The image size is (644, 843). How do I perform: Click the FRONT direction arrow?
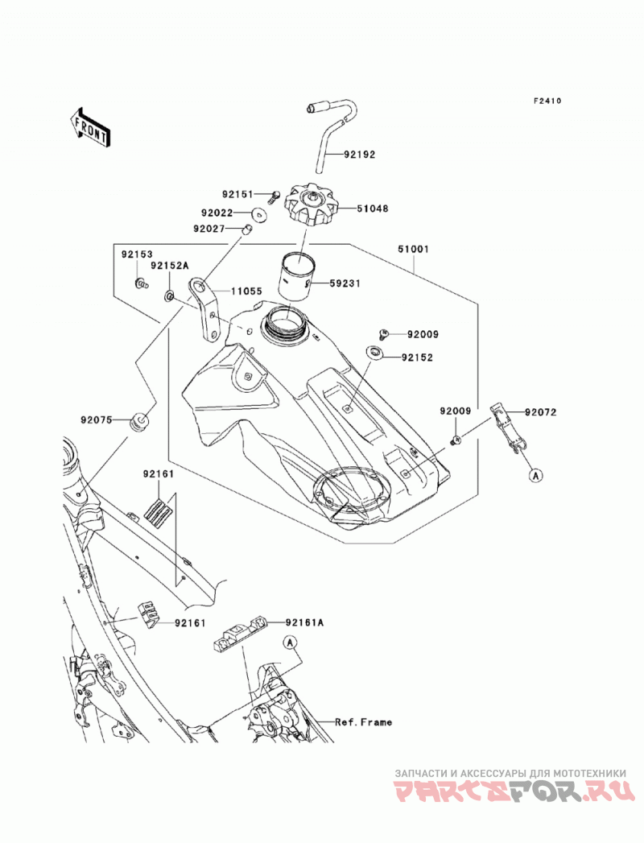coord(90,129)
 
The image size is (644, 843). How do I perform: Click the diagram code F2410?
coord(547,101)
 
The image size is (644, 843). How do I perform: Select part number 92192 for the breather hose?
coord(360,155)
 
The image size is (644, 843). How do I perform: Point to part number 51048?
coord(373,209)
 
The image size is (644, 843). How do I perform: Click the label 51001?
coord(414,250)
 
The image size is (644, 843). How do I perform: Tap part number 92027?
coord(208,229)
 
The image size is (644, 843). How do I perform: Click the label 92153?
coord(137,254)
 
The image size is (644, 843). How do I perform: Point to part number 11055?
coord(247,291)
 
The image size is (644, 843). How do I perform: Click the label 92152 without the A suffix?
coord(417,357)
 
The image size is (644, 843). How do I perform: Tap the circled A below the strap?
coord(535,475)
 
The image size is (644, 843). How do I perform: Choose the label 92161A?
coord(305,622)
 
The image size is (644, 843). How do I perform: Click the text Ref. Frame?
coord(363,722)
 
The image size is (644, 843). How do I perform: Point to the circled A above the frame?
coord(291,642)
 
